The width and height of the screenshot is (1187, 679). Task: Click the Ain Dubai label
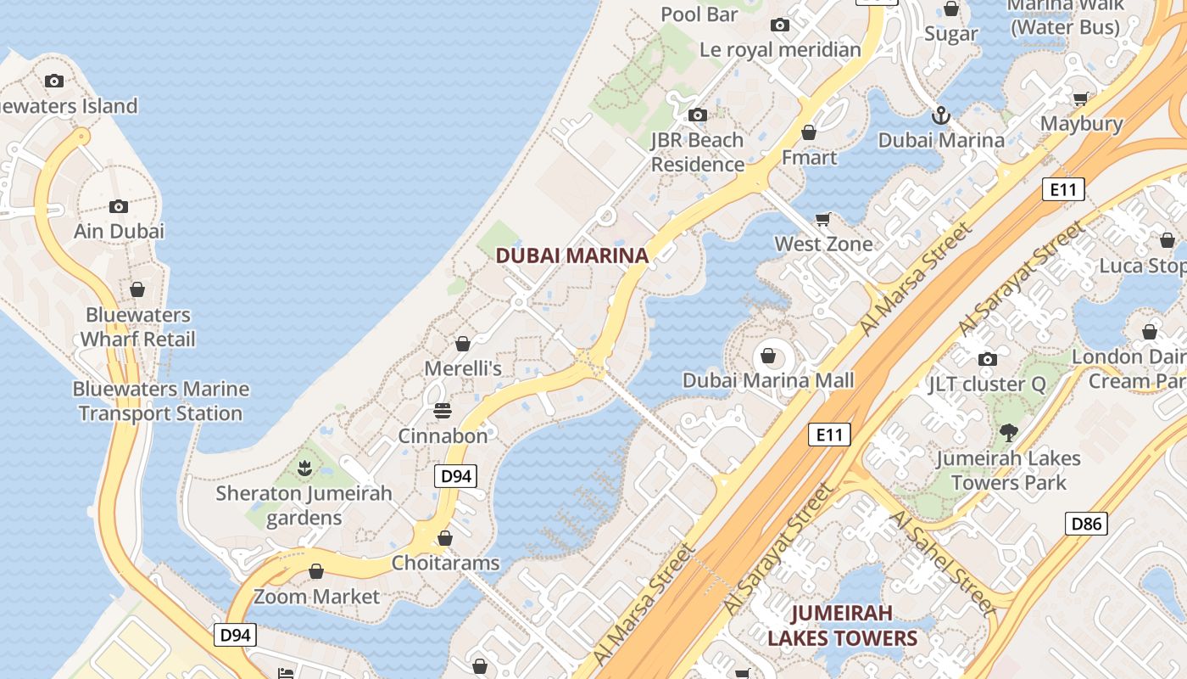pyautogui.click(x=119, y=231)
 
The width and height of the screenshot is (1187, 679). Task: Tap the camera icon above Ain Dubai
pyautogui.click(x=119, y=206)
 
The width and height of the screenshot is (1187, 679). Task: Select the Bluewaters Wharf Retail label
pyautogui.click(x=137, y=327)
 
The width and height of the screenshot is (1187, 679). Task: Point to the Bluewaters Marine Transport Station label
pyautogui.click(x=161, y=401)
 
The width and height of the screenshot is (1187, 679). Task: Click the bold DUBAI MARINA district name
pyautogui.click(x=571, y=255)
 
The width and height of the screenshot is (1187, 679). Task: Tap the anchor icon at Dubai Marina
pyautogui.click(x=940, y=115)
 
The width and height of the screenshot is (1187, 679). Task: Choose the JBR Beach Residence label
pyautogui.click(x=697, y=152)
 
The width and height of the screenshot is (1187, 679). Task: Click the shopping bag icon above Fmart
pyautogui.click(x=809, y=132)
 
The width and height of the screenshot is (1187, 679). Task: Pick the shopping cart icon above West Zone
pyautogui.click(x=822, y=220)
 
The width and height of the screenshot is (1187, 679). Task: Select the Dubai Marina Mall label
pyautogui.click(x=768, y=380)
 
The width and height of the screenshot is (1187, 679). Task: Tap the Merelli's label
pyautogui.click(x=463, y=368)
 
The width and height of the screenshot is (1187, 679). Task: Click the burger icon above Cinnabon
pyautogui.click(x=443, y=411)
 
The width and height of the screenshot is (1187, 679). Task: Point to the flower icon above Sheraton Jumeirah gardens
pyautogui.click(x=304, y=467)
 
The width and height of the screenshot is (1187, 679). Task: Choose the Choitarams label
pyautogui.click(x=445, y=563)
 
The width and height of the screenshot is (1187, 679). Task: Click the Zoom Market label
pyautogui.click(x=316, y=597)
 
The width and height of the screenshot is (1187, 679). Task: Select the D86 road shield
pyautogui.click(x=1086, y=524)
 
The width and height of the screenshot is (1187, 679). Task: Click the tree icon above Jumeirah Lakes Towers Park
pyautogui.click(x=1008, y=433)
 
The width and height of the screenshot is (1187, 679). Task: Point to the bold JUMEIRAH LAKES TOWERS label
pyautogui.click(x=842, y=626)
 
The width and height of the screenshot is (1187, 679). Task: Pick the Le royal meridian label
pyautogui.click(x=780, y=50)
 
